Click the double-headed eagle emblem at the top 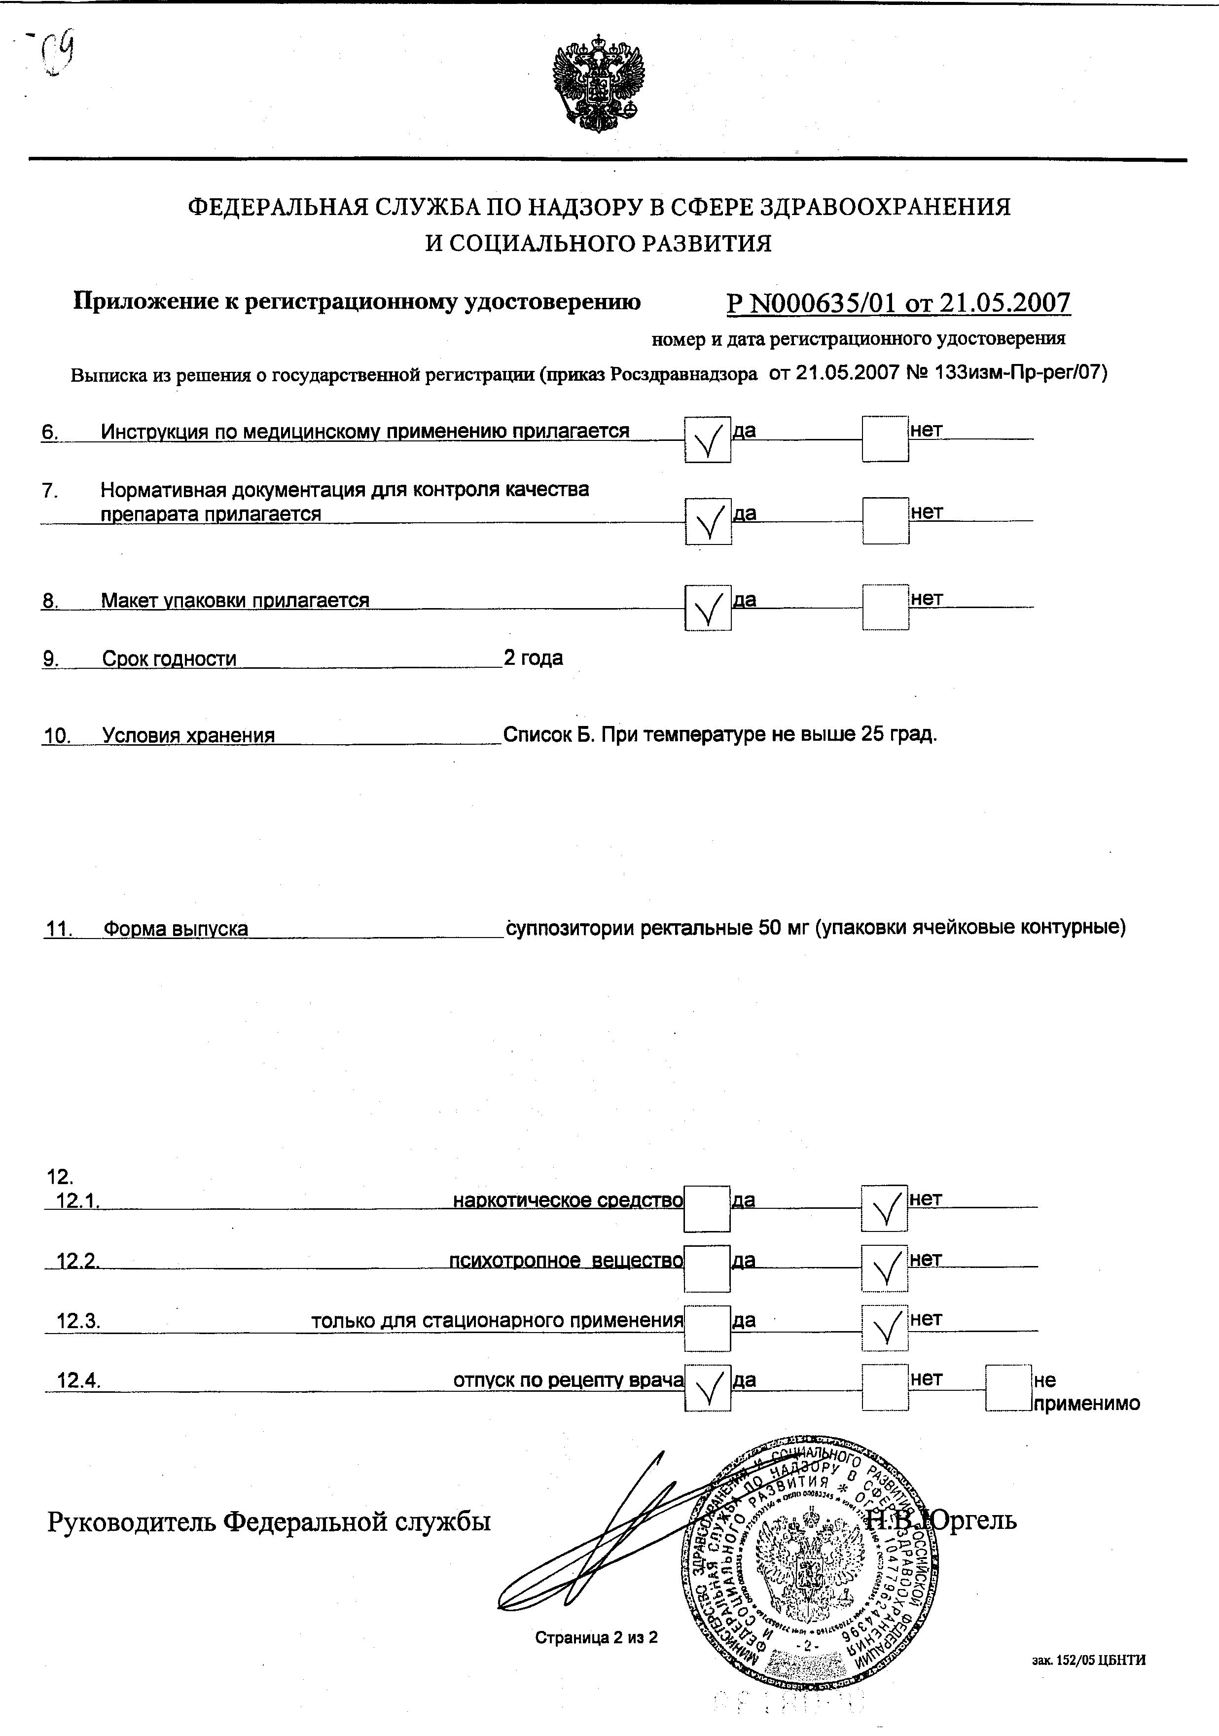600,83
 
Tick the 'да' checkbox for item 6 708,439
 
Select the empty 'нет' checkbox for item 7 886,521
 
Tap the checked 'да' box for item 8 708,608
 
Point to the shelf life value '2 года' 533,658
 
